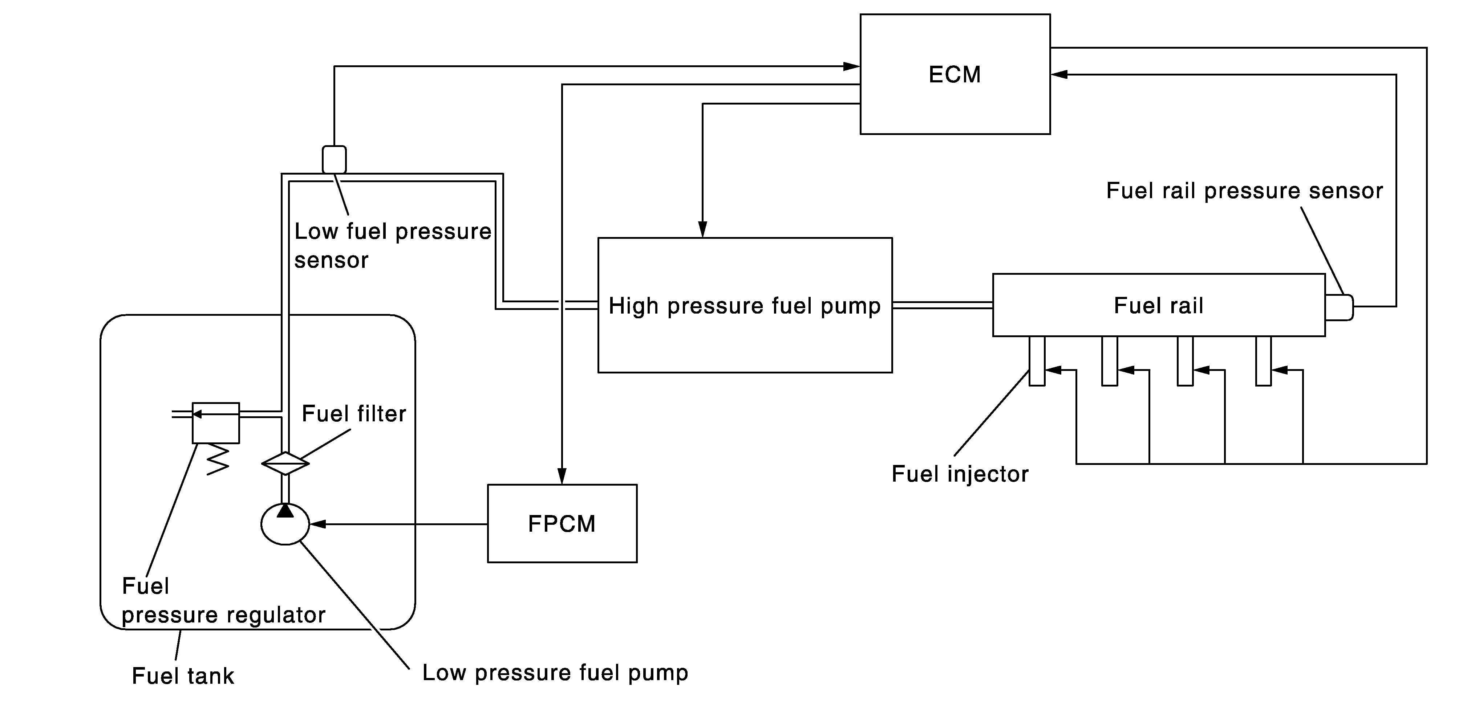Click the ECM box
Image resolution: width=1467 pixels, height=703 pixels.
[955, 74]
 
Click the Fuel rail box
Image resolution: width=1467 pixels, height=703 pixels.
[1158, 305]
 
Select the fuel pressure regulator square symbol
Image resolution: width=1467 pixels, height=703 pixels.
[216, 423]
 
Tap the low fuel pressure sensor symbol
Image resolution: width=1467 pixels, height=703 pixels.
[334, 159]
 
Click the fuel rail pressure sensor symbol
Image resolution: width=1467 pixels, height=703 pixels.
[1338, 307]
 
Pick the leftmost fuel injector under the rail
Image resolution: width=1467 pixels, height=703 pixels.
[1037, 361]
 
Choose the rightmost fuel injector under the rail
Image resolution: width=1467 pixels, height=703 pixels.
[1263, 361]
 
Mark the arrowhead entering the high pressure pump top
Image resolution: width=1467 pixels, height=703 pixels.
[703, 229]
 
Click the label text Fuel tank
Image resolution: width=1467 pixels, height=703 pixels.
[183, 676]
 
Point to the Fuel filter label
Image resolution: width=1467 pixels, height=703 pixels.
[354, 414]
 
